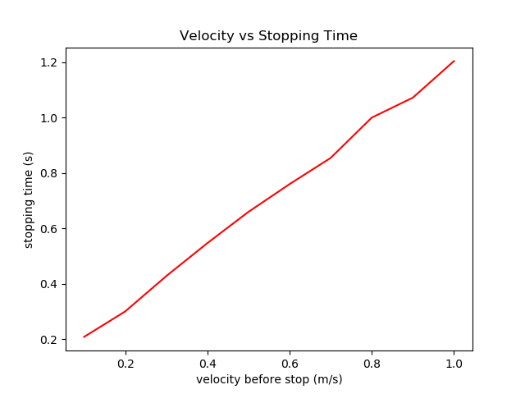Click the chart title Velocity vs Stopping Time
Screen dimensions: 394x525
click(x=268, y=36)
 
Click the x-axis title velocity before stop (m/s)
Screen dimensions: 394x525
click(x=269, y=379)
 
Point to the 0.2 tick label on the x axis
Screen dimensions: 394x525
click(x=126, y=362)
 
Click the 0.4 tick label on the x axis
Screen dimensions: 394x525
click(x=208, y=362)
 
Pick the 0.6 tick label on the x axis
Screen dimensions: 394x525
click(x=290, y=362)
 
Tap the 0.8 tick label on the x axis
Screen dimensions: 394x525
click(x=372, y=362)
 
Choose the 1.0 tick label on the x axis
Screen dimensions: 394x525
click(x=454, y=362)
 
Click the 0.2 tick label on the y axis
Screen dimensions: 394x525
click(x=50, y=340)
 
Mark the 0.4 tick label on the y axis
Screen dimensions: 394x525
click(x=50, y=284)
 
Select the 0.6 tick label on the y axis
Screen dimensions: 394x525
click(x=50, y=229)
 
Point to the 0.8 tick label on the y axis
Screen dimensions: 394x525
click(x=50, y=173)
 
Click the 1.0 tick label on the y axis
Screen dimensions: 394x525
click(x=50, y=118)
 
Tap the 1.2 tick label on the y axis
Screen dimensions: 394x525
click(x=50, y=62)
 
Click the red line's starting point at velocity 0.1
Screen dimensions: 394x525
click(x=84, y=337)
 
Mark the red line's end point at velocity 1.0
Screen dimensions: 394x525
click(x=454, y=61)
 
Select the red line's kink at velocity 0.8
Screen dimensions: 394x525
click(x=372, y=117)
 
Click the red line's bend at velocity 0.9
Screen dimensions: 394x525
click(x=413, y=98)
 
